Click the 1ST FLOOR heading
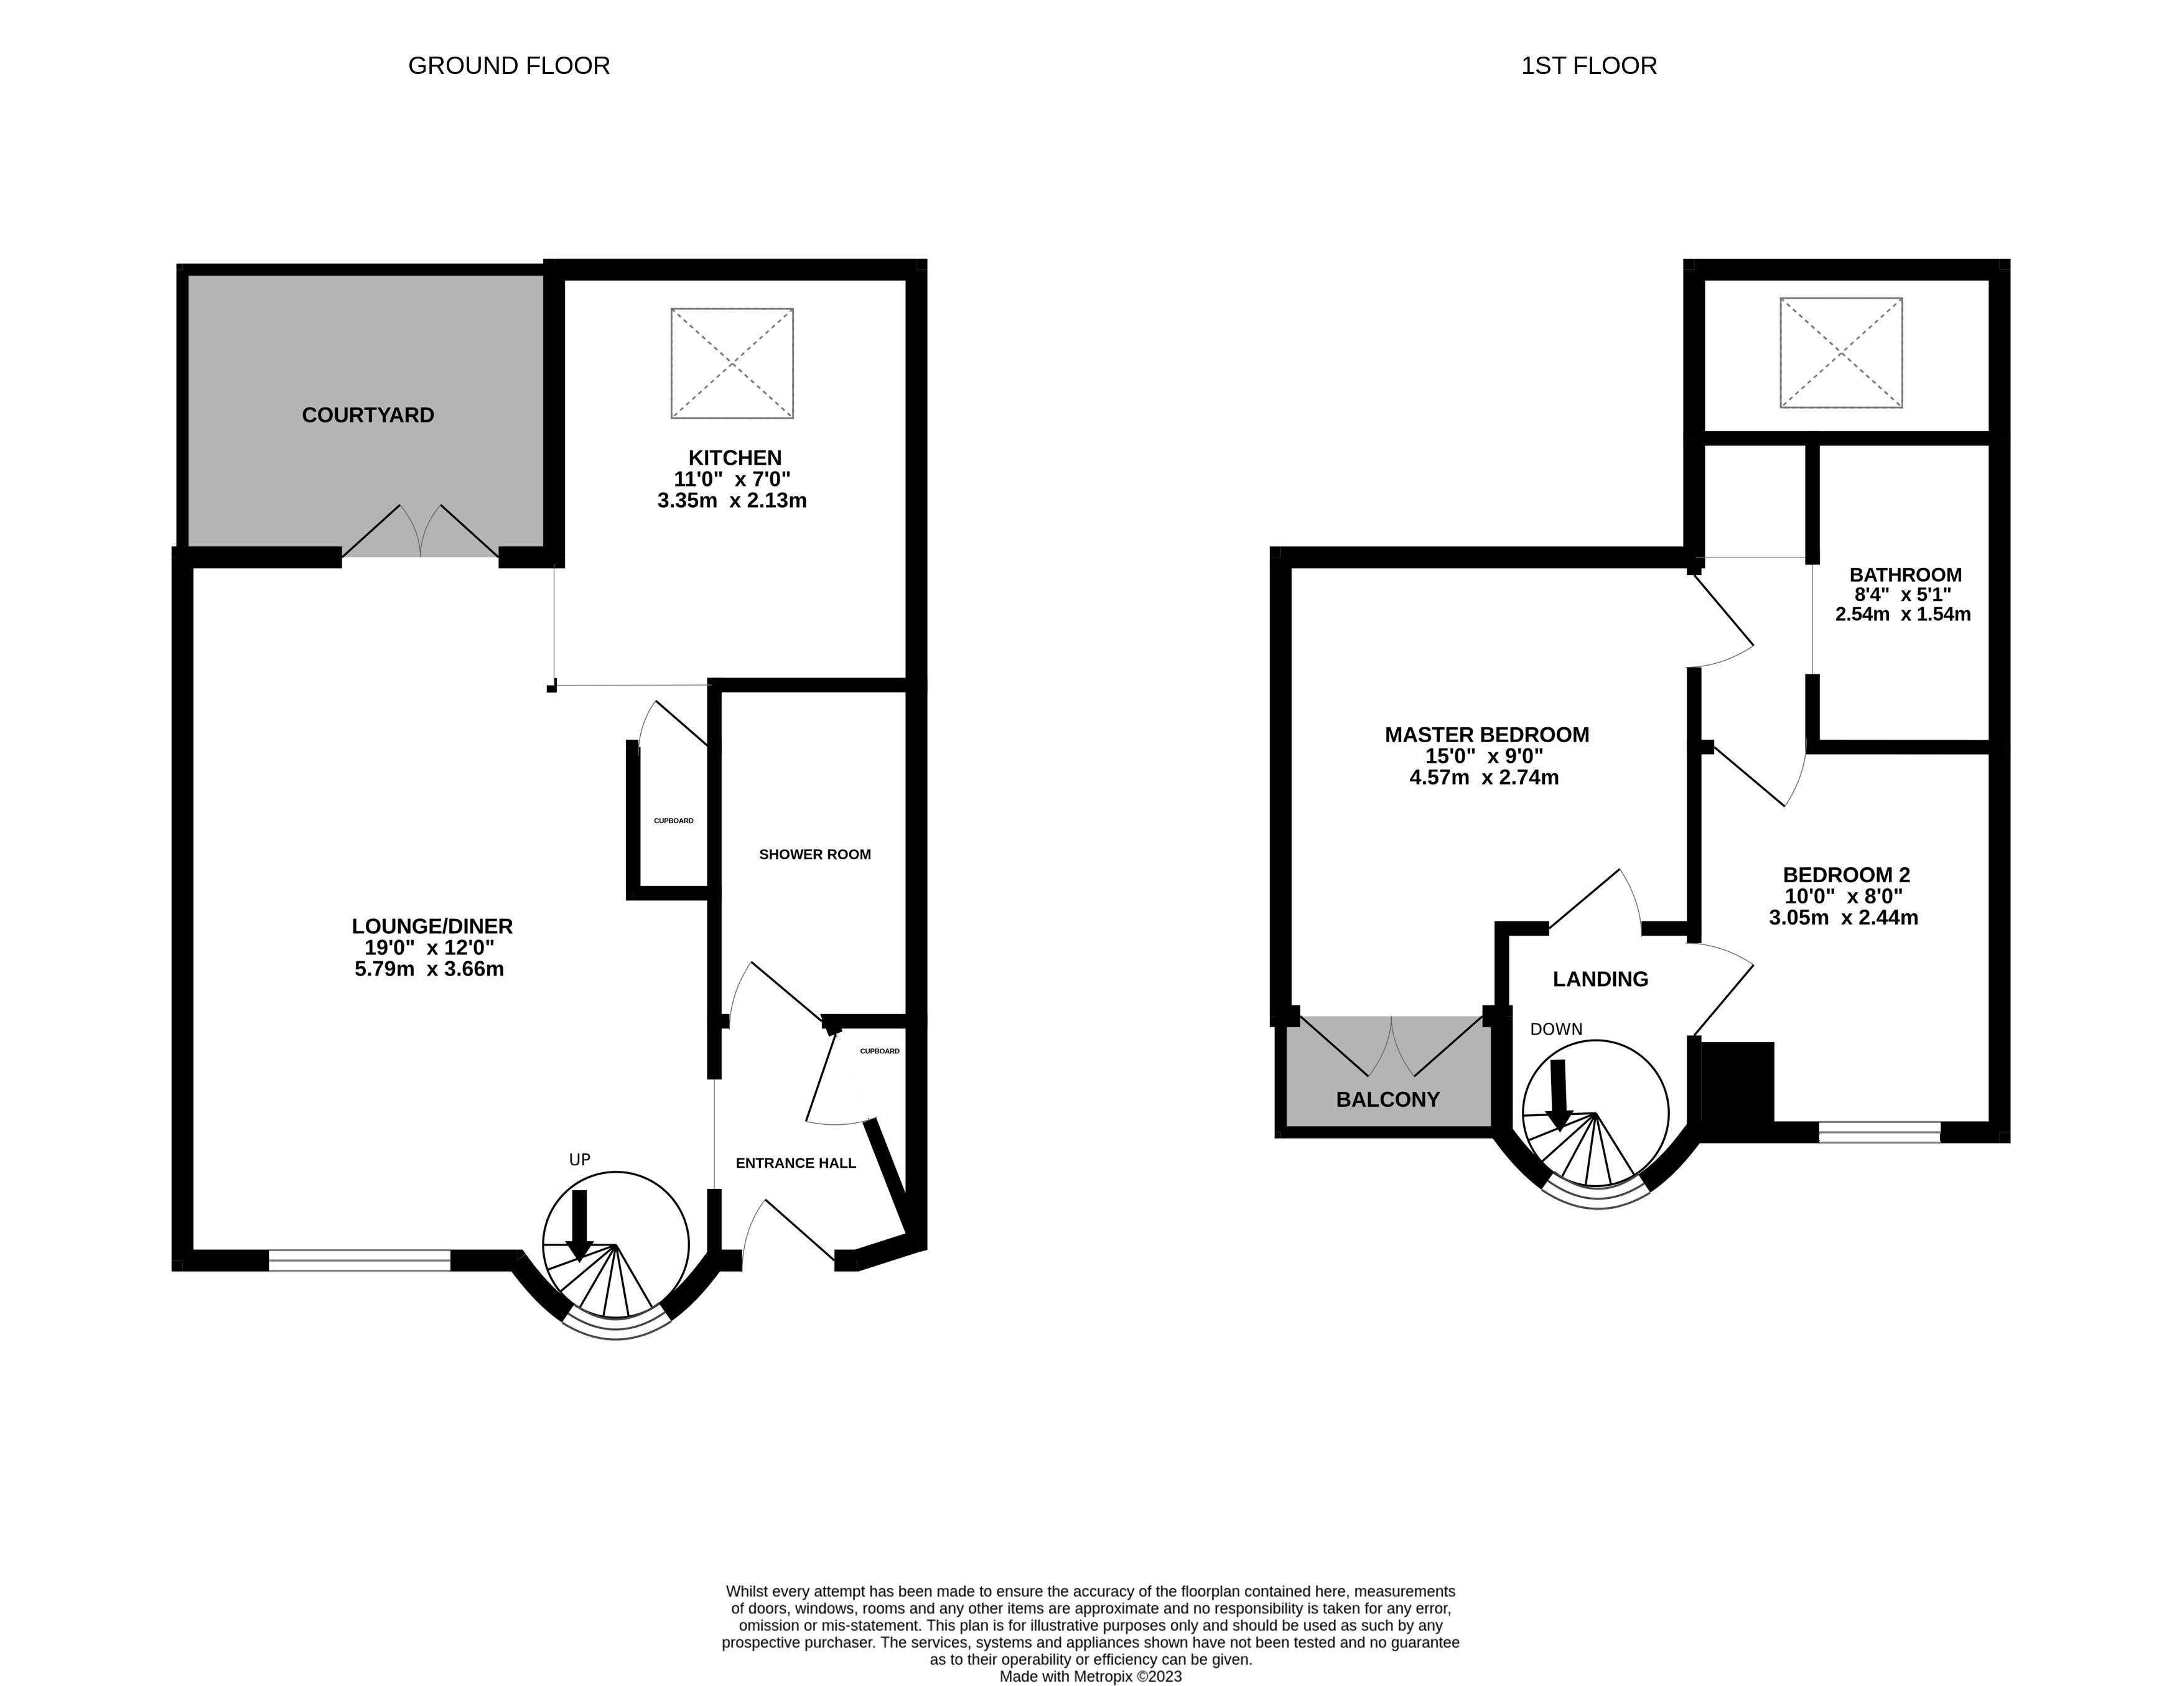[x=1588, y=66]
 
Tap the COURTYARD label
[x=368, y=414]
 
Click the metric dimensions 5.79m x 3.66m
[x=429, y=969]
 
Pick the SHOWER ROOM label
[x=814, y=854]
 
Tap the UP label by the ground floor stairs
[x=579, y=1160]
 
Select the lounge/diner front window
[x=360, y=1260]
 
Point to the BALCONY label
[x=1387, y=1100]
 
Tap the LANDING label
[x=1600, y=979]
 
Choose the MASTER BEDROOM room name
[x=1486, y=735]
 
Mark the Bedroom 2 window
[x=1878, y=1132]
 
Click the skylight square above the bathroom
[x=1840, y=353]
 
